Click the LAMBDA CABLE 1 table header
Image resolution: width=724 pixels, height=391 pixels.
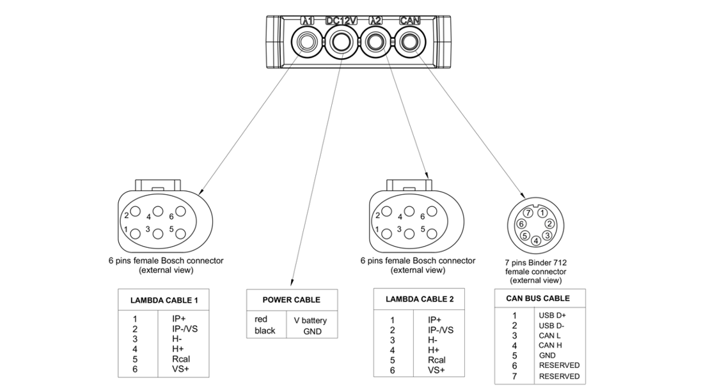click(x=164, y=300)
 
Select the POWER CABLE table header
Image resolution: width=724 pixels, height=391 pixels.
click(x=292, y=300)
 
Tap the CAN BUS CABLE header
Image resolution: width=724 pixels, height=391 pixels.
click(x=538, y=298)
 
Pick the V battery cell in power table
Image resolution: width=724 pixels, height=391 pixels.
click(x=310, y=320)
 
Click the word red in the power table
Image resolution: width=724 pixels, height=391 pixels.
click(x=261, y=319)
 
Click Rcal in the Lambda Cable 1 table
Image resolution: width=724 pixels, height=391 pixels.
click(x=181, y=359)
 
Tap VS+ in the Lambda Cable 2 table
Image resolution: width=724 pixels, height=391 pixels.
click(x=437, y=370)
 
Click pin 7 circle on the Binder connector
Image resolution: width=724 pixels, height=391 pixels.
click(x=528, y=212)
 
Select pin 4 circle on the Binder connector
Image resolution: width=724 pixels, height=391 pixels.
click(x=535, y=240)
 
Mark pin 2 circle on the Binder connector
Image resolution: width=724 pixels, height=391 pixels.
click(x=549, y=224)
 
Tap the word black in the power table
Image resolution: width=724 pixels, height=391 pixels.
click(x=265, y=331)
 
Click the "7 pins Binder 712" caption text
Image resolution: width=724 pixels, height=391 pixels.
click(x=535, y=263)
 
